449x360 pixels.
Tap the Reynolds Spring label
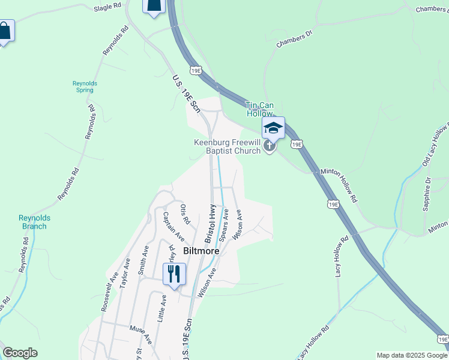coord(85,86)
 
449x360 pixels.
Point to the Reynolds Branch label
coord(32,222)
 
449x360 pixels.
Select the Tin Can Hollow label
coord(259,109)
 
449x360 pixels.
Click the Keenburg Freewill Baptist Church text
coord(227,146)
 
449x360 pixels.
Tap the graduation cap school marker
coord(273,127)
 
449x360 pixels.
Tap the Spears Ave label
coord(224,224)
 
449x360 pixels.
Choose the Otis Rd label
coord(185,214)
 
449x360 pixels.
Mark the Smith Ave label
coord(143,260)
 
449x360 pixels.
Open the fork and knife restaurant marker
coord(174,275)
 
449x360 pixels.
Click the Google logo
coord(20,353)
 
